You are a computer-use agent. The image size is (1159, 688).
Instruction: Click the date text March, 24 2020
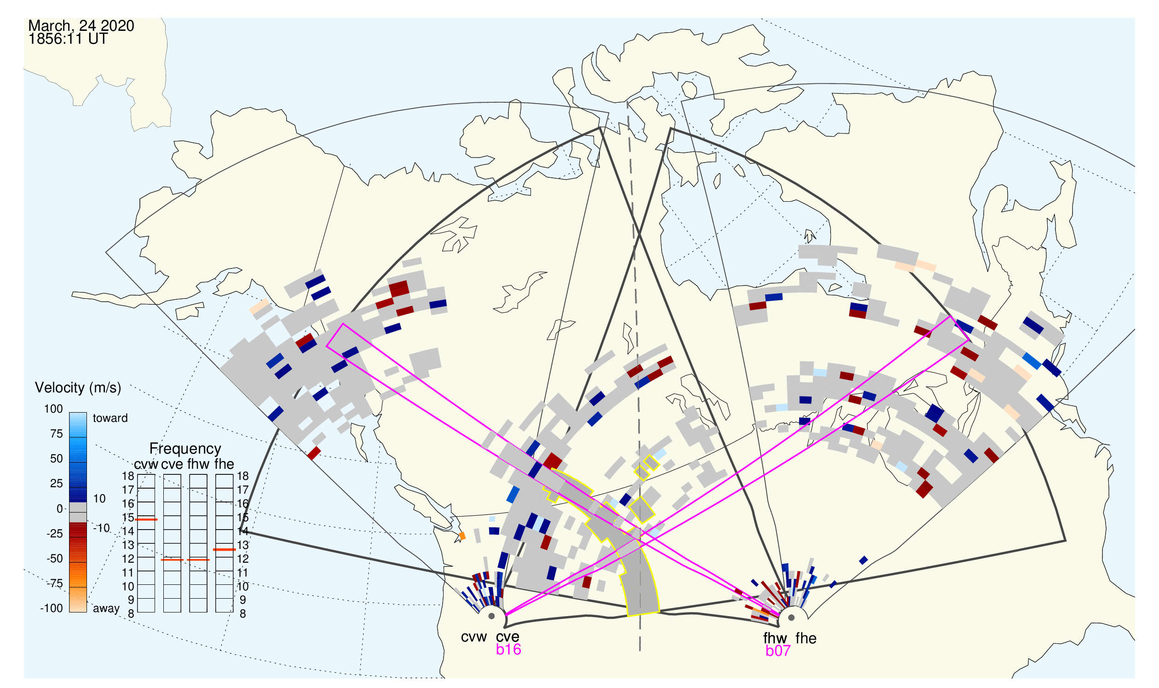pos(81,25)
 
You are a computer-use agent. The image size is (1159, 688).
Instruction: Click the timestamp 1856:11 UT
pos(68,39)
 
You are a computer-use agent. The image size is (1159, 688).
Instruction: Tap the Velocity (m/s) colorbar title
pos(78,388)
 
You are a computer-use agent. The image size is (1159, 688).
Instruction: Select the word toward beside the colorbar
pos(110,418)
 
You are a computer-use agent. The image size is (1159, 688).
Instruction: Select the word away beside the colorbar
pos(106,609)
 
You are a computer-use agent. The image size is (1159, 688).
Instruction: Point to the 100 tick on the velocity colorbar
pos(53,409)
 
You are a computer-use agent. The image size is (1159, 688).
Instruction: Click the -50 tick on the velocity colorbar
pos(55,559)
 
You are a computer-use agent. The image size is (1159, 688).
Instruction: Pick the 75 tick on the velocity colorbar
pos(57,434)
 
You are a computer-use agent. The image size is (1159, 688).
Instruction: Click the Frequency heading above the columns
pos(185,449)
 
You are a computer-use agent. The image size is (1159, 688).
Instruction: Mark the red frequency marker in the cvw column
pos(146,520)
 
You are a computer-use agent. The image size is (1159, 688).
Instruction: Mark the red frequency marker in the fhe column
pos(225,550)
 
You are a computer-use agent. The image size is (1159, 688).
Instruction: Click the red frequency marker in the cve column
pos(173,560)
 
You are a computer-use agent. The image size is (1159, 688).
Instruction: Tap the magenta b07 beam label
pos(778,651)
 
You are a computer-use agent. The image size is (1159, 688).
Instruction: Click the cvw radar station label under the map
pos(474,637)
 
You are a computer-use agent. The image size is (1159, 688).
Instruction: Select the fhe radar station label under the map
pos(806,639)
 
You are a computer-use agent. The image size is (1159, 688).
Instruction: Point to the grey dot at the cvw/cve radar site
pos(491,617)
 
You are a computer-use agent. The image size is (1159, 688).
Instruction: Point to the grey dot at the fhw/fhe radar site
pos(792,618)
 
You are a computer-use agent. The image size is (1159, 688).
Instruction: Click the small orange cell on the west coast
pos(462,536)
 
